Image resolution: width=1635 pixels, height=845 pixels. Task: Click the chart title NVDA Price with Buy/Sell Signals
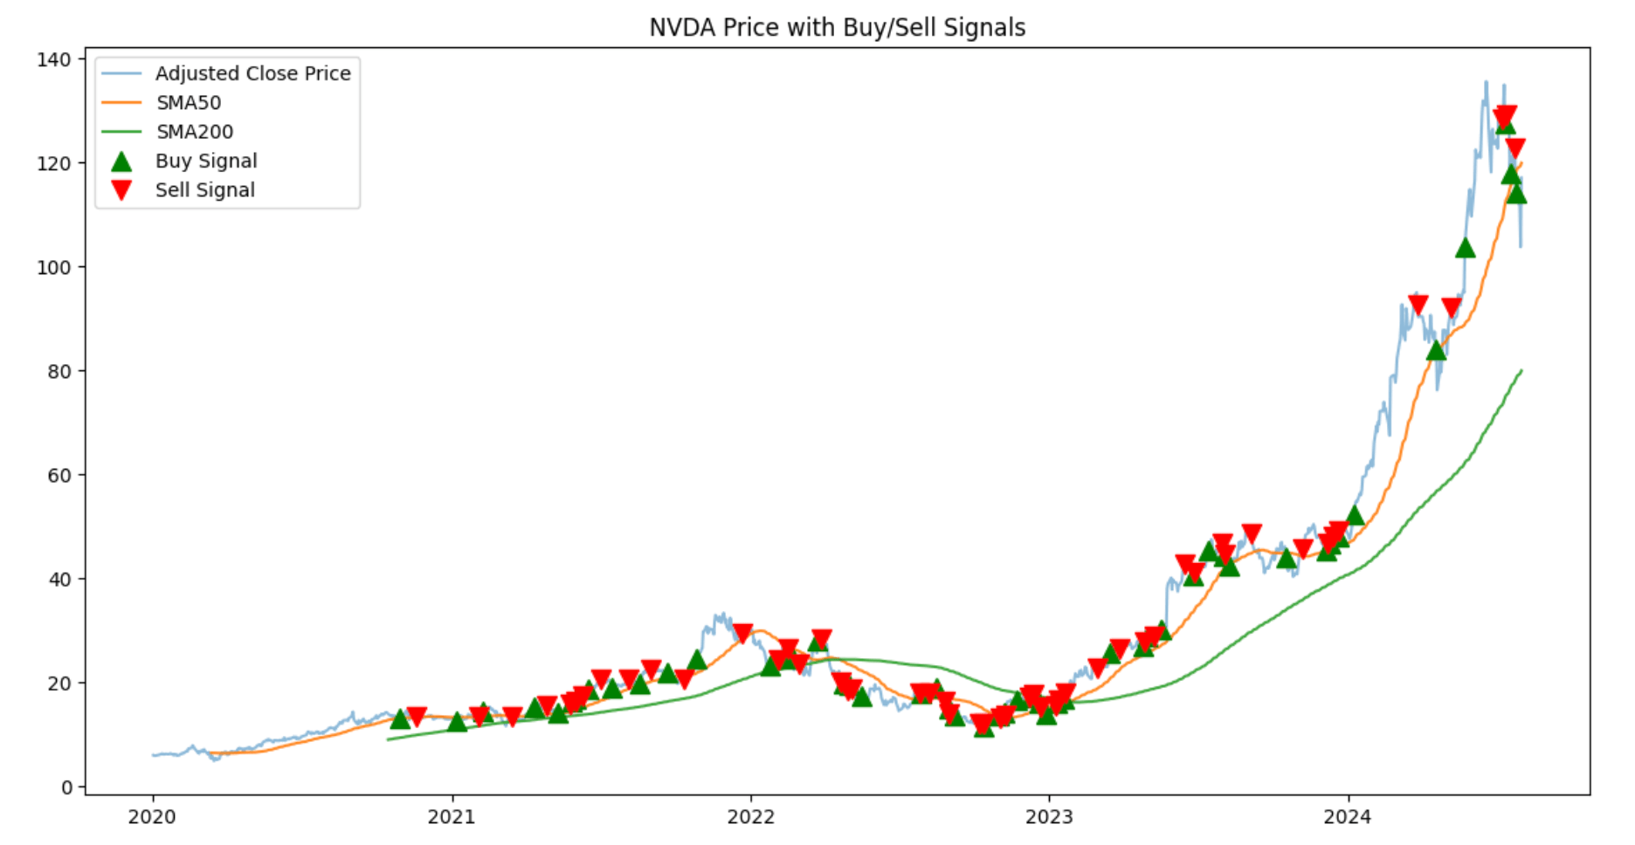[x=837, y=28]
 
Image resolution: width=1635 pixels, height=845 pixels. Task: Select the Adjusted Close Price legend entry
[x=252, y=73]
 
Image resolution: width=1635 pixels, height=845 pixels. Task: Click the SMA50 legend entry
[x=189, y=103]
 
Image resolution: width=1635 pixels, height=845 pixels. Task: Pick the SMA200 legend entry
[x=195, y=132]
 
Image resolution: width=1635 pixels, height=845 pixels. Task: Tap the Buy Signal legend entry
[x=206, y=161]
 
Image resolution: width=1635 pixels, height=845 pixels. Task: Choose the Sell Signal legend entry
[x=205, y=190]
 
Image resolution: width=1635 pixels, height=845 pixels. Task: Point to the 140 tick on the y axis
[x=54, y=59]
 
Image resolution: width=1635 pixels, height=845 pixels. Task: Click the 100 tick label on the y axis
[x=54, y=267]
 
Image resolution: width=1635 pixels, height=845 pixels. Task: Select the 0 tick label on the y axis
[x=66, y=787]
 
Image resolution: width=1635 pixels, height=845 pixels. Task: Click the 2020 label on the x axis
[x=152, y=817]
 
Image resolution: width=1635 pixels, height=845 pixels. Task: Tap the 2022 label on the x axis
[x=750, y=817]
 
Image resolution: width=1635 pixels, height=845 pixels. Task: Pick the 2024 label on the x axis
[x=1348, y=817]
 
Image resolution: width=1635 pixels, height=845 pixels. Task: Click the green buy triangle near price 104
[x=1466, y=249]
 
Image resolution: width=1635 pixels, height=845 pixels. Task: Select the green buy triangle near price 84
[x=1436, y=351]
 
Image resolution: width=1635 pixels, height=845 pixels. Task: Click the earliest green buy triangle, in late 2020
[x=400, y=719]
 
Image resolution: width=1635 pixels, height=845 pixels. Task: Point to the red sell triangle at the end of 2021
[x=742, y=633]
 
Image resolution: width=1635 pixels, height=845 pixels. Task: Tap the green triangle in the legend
[x=121, y=161]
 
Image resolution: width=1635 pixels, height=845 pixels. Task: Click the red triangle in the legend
[x=121, y=190]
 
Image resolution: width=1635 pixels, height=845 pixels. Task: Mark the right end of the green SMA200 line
[x=1521, y=370]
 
